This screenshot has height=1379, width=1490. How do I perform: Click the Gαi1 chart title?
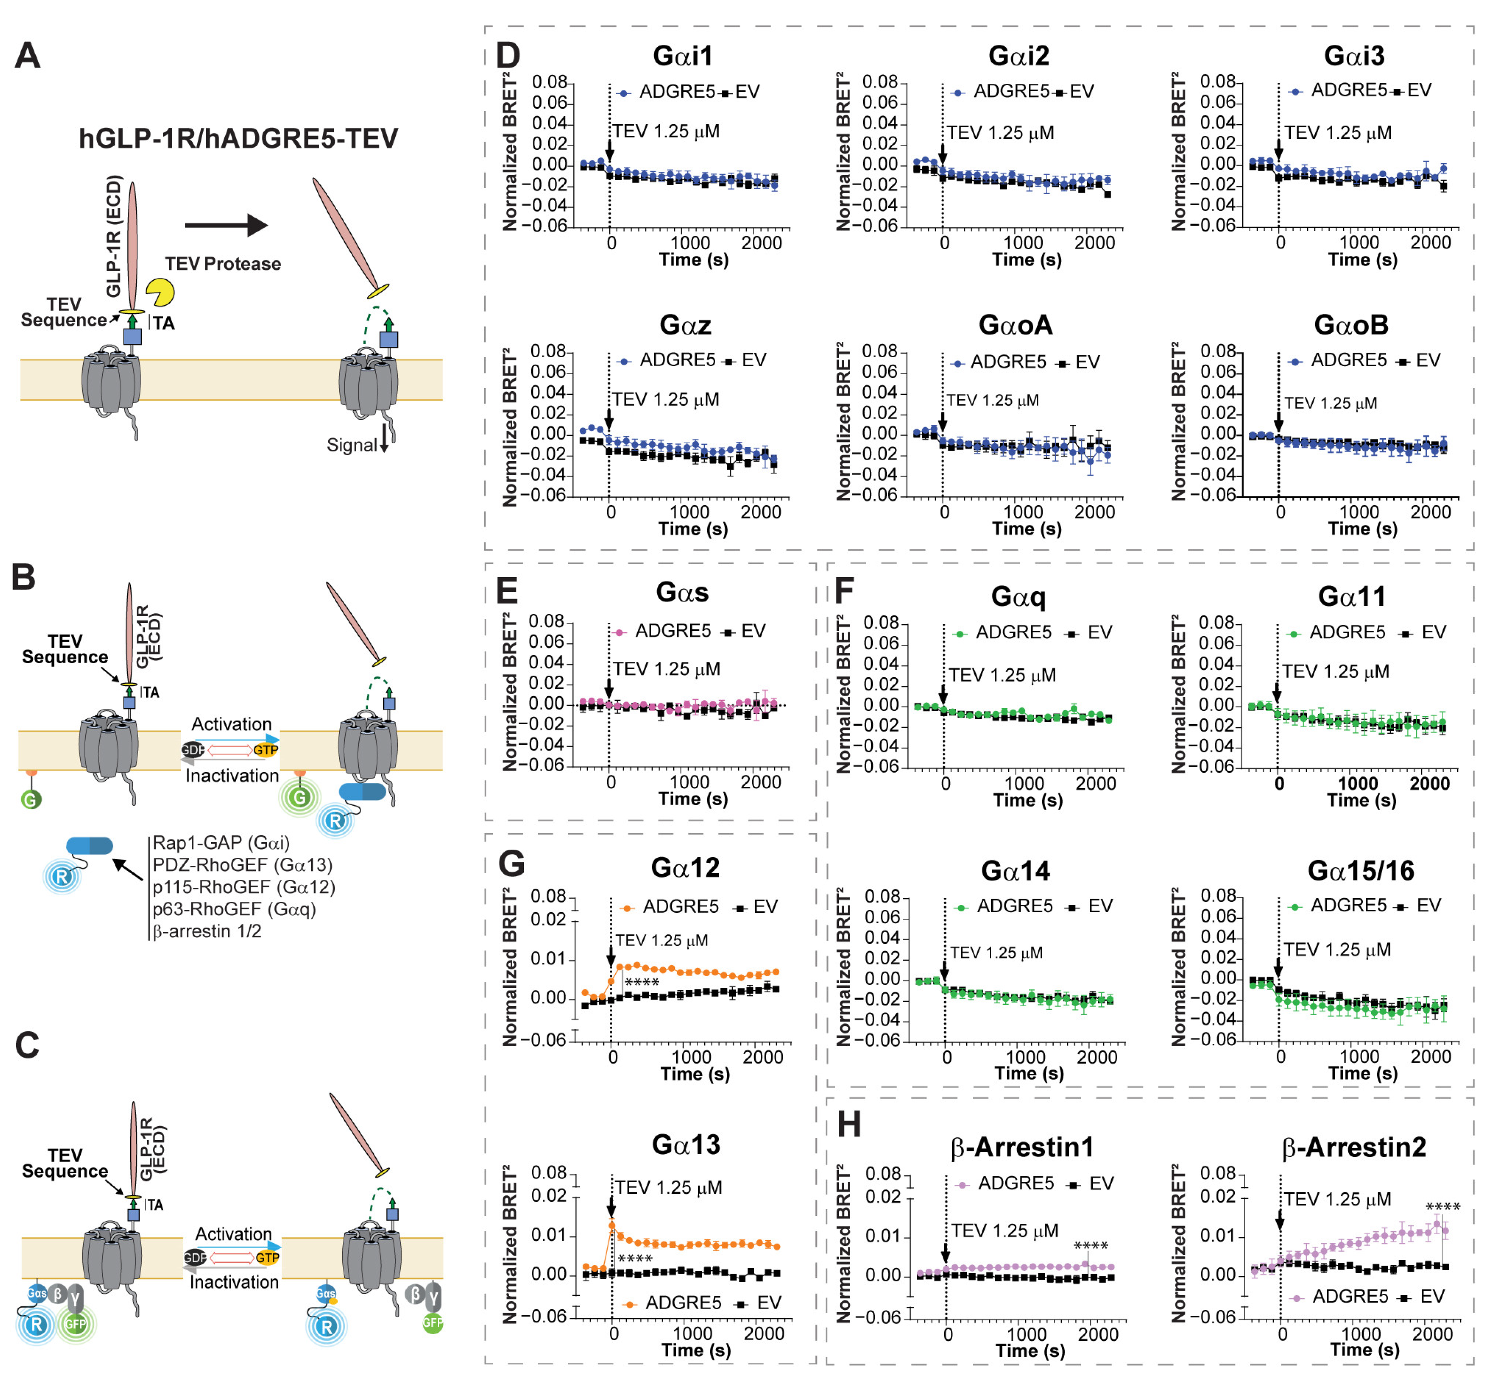682,56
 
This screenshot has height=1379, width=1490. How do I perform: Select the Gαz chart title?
684,325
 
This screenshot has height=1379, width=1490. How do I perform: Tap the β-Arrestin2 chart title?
1353,1147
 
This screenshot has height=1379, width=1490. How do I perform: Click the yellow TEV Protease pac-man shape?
159,292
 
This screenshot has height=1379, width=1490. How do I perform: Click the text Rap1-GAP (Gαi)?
221,843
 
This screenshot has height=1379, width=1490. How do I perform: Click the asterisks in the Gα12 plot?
642,983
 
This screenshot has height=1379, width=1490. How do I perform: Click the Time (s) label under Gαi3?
1362,260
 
